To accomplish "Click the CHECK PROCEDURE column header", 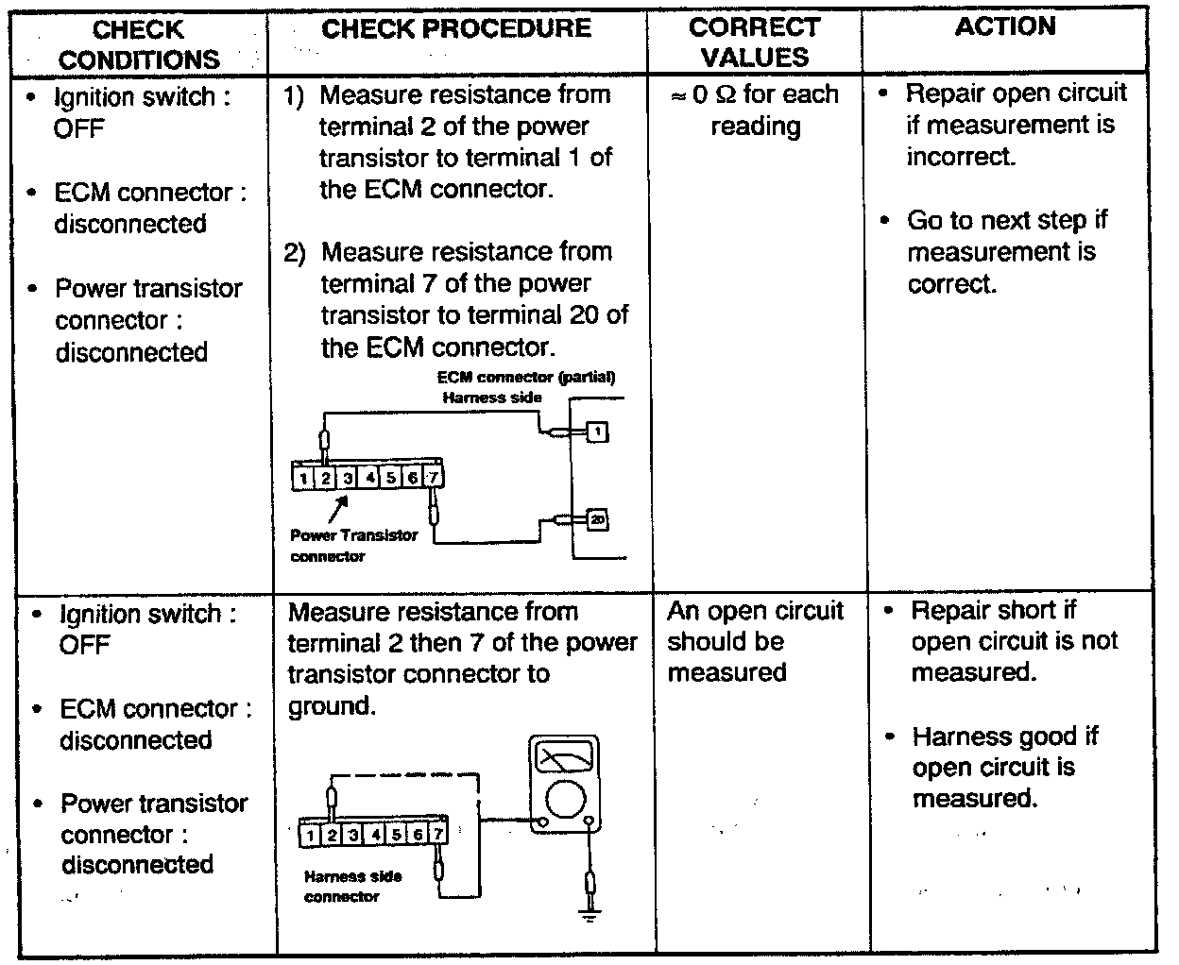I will click(456, 28).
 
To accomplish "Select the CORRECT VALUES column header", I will click(754, 42).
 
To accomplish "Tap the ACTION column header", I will click(1005, 26).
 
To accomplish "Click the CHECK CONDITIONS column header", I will click(139, 43).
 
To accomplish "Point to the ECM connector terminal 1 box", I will click(597, 432).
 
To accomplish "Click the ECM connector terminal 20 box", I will click(597, 518).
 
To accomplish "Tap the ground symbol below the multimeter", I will click(590, 913).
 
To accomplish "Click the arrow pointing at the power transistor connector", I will click(337, 509).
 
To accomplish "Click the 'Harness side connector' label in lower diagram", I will click(351, 886).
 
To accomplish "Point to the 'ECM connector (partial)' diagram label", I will click(525, 378).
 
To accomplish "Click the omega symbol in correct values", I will click(727, 94).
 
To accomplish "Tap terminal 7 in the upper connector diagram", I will click(433, 477).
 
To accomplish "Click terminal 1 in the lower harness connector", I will click(311, 834).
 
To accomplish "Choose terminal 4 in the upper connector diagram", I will click(370, 478).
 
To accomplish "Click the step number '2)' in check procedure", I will click(297, 253).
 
